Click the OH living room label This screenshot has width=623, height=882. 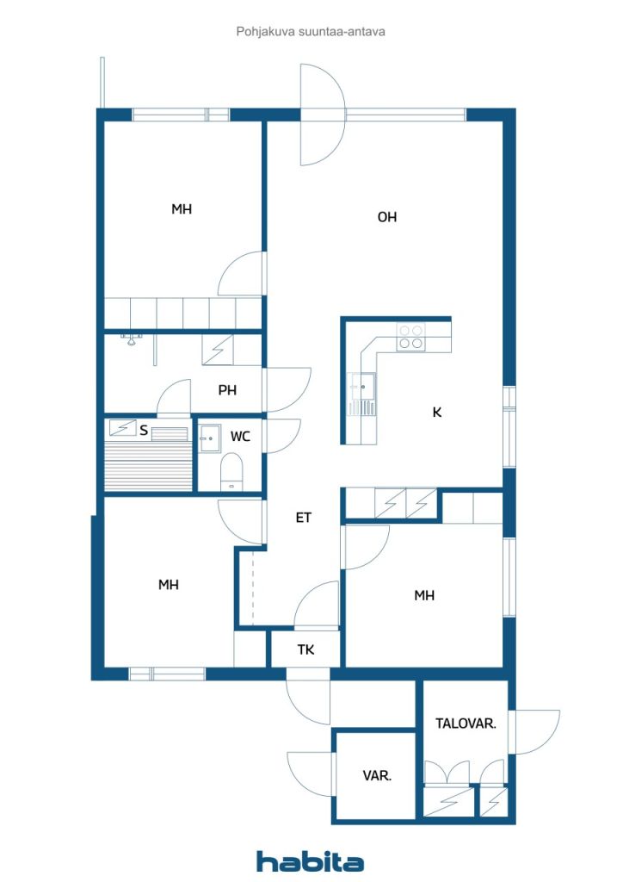pos(386,216)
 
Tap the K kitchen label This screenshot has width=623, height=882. pos(437,413)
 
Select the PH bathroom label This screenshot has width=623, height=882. pos(227,390)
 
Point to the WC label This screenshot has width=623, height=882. pos(240,436)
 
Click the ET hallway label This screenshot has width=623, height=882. pos(304,518)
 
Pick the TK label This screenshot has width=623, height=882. pos(305,649)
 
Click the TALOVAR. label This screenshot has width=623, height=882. pos(466,724)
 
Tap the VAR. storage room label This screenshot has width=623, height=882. pos(377,776)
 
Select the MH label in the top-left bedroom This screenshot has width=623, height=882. pos(182,209)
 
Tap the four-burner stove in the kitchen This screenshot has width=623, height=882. pos(410,337)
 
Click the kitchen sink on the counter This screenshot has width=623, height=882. pos(362,387)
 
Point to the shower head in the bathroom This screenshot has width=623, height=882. pos(131,339)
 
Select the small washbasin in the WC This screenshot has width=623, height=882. pos(210,438)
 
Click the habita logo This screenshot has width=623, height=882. pos(310,861)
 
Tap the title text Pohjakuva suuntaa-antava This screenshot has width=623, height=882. pos(311,32)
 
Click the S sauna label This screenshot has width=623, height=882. pos(144,431)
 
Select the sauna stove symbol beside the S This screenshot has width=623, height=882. pos(122,428)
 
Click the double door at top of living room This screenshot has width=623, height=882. pos(322,115)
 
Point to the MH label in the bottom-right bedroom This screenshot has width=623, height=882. pos(424,595)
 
